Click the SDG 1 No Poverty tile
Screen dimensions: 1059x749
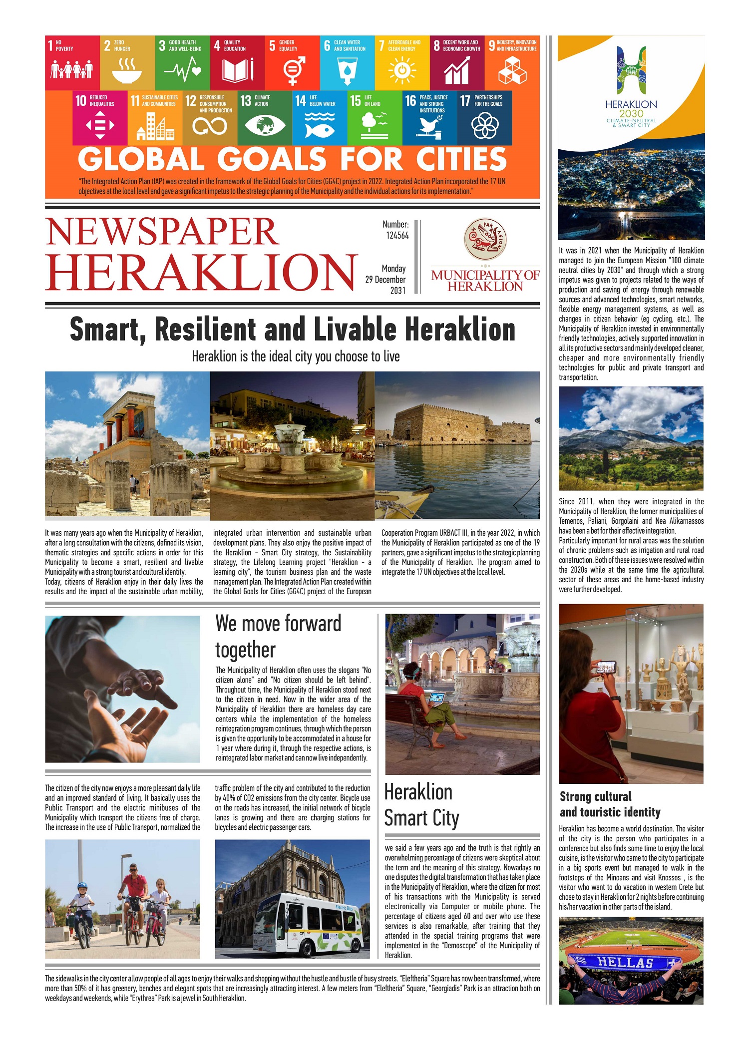click(x=72, y=62)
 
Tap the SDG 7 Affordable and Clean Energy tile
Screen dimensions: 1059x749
click(x=401, y=62)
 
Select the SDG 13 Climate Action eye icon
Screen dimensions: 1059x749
click(x=265, y=125)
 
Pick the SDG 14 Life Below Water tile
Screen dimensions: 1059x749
click(x=320, y=118)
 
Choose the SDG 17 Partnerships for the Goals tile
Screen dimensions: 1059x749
click(x=484, y=118)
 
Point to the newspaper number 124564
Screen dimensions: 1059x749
click(x=397, y=236)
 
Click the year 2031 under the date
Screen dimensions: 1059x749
click(x=397, y=291)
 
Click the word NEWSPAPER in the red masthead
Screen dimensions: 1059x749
click(x=162, y=232)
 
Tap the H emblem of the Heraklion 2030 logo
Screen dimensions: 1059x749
click(x=631, y=70)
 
